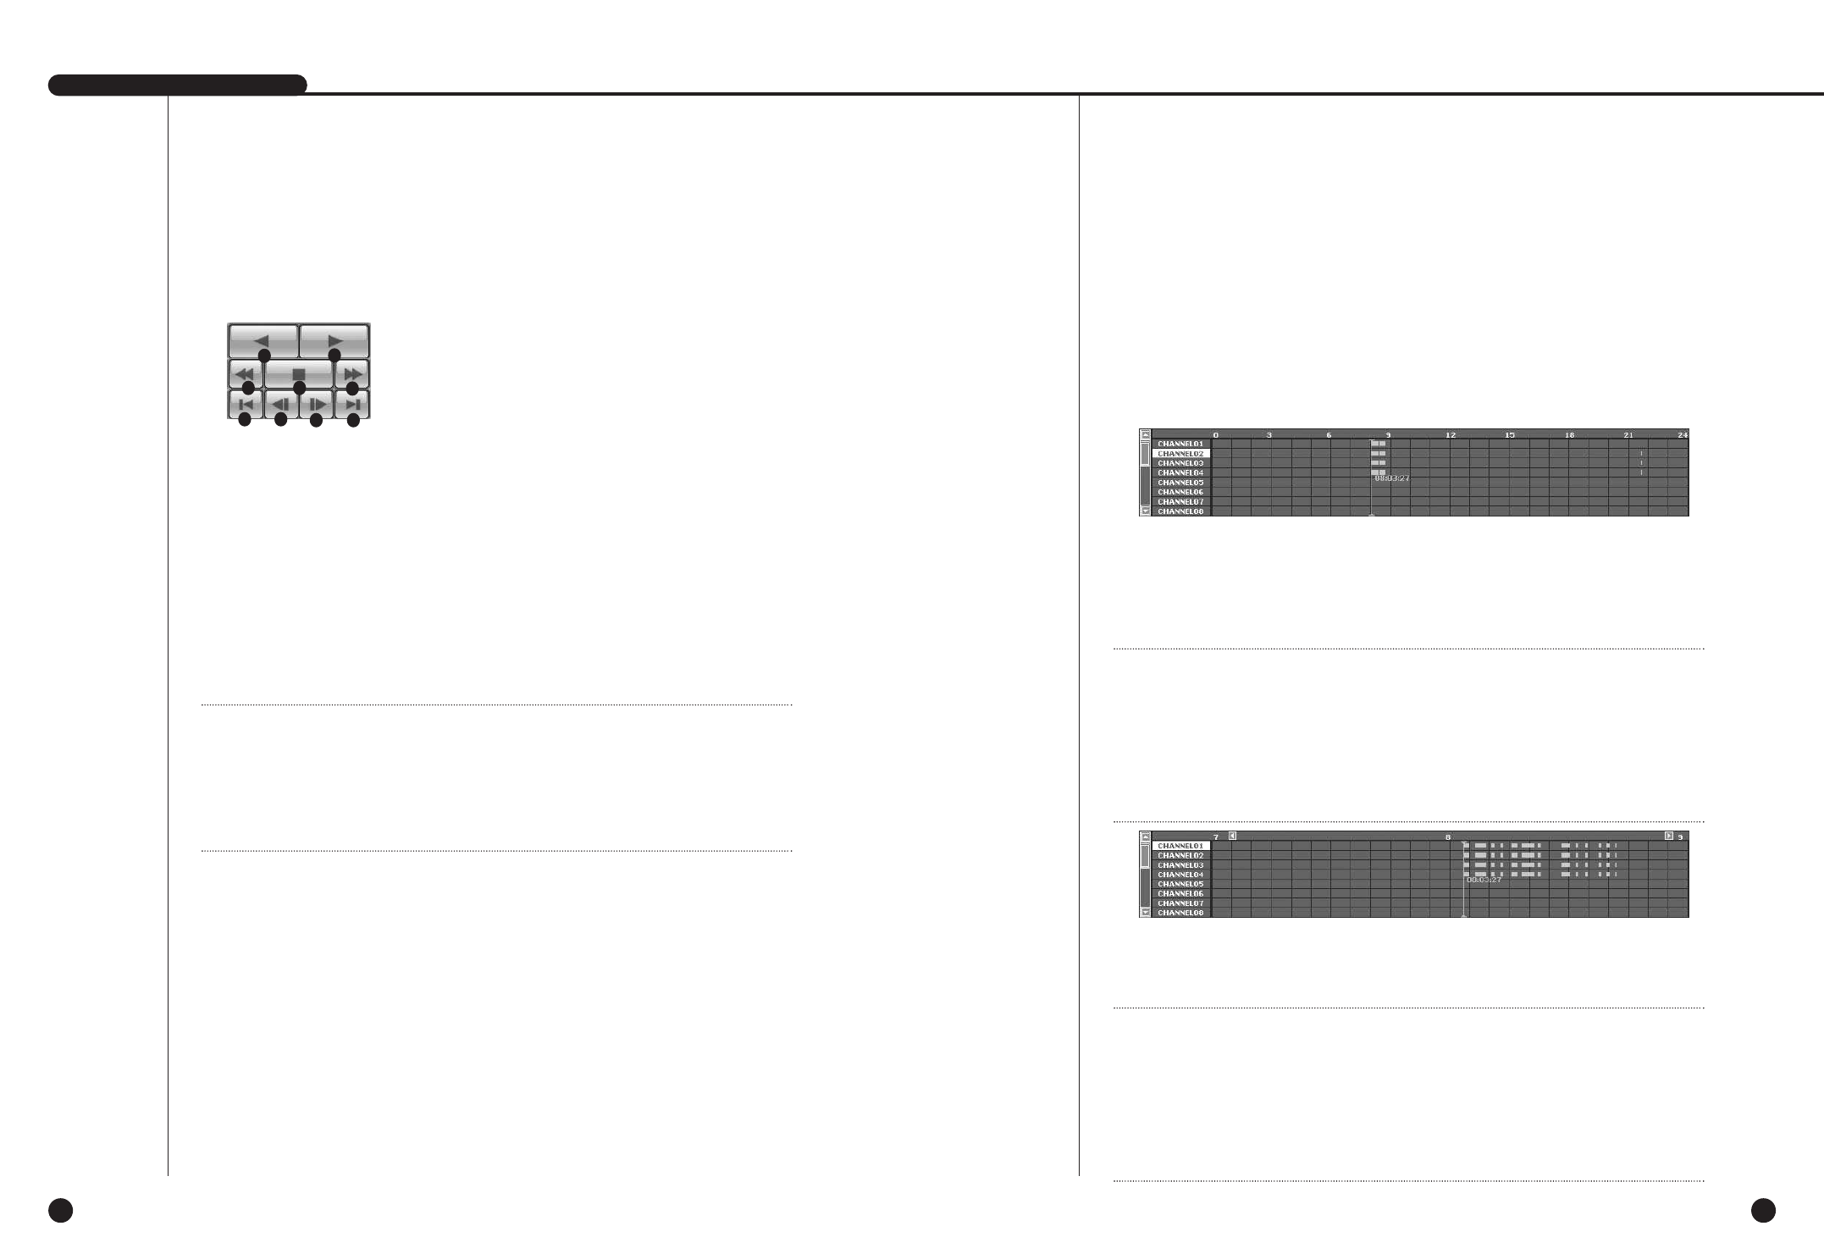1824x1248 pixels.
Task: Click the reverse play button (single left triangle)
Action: click(x=263, y=340)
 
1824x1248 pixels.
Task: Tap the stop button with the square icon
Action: click(x=299, y=373)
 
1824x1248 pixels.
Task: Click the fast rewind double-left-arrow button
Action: click(x=246, y=373)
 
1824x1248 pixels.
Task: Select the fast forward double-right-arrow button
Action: click(x=352, y=373)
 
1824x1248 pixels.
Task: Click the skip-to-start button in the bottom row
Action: click(x=246, y=405)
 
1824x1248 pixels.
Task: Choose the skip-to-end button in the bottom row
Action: click(x=352, y=405)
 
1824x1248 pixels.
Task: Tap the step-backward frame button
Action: click(x=281, y=405)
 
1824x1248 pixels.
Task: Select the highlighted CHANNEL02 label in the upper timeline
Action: click(x=1180, y=454)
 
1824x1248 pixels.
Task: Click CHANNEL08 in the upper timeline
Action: click(x=1180, y=511)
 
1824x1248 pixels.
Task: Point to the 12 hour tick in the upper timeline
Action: click(x=1450, y=435)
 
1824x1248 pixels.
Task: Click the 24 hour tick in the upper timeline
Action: click(x=1682, y=435)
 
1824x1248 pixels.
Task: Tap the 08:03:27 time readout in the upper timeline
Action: click(x=1392, y=478)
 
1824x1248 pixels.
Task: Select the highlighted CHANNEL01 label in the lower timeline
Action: click(x=1180, y=846)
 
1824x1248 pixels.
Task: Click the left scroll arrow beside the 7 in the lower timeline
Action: click(x=1232, y=836)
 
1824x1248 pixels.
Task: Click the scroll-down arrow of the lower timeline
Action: click(x=1146, y=912)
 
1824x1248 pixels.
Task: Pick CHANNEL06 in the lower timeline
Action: click(x=1180, y=893)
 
